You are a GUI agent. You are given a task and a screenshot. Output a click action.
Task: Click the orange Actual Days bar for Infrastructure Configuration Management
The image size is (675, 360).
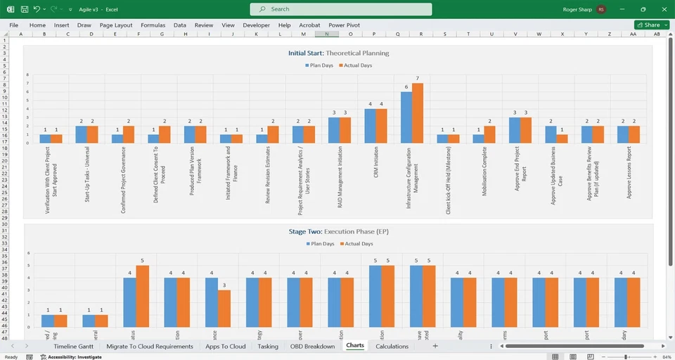pyautogui.click(x=417, y=113)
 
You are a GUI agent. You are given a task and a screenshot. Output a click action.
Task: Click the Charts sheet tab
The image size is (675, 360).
pyautogui.click(x=355, y=346)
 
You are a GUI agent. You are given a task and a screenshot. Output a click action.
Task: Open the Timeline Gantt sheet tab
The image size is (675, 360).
pyautogui.click(x=75, y=346)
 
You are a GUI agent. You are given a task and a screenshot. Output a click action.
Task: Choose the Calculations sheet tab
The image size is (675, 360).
pyautogui.click(x=392, y=346)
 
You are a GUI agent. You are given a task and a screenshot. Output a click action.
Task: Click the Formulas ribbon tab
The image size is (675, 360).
pyautogui.click(x=153, y=25)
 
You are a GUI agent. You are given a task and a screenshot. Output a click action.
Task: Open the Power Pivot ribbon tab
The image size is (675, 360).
pyautogui.click(x=344, y=25)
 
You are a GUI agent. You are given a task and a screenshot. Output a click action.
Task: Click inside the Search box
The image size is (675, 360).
pyautogui.click(x=341, y=9)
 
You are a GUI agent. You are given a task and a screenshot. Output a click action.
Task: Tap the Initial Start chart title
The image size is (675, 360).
pyautogui.click(x=338, y=53)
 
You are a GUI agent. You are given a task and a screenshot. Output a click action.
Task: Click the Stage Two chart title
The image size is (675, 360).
pyautogui.click(x=338, y=231)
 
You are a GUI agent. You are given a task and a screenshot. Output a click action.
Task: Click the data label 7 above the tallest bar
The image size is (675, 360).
pyautogui.click(x=417, y=79)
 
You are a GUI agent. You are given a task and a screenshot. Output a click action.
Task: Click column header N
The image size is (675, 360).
pyautogui.click(x=326, y=34)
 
